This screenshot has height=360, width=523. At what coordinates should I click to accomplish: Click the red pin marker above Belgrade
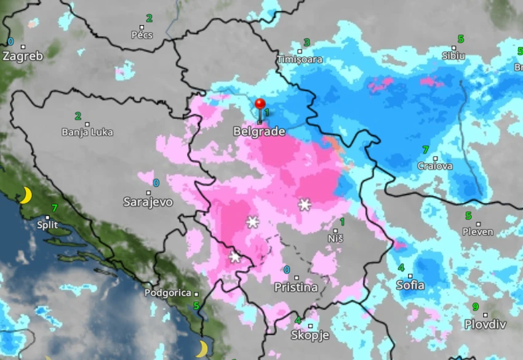tap(260, 105)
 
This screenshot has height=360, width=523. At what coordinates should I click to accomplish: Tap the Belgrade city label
tap(259, 132)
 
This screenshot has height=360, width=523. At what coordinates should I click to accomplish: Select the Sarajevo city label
tap(148, 202)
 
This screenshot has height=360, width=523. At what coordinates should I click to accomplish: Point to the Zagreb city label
tap(23, 56)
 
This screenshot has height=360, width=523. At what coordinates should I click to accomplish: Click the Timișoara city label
tap(300, 60)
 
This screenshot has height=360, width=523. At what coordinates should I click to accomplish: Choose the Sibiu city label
tap(453, 56)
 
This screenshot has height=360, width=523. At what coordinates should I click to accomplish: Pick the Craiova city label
tap(435, 166)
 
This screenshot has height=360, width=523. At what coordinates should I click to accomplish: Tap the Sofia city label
tap(410, 285)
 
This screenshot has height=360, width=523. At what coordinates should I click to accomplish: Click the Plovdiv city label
tap(485, 324)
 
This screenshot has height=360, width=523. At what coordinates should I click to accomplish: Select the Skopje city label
tap(310, 335)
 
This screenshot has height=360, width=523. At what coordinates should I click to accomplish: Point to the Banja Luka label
tap(87, 132)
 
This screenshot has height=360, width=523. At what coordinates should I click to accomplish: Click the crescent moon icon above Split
tap(25, 196)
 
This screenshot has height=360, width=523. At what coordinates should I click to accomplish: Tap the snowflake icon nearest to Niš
tap(305, 204)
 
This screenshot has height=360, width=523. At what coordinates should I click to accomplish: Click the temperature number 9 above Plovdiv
tap(476, 307)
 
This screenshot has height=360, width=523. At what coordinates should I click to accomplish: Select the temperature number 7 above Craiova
tap(425, 150)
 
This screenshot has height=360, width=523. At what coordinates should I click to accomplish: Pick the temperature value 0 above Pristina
tap(287, 270)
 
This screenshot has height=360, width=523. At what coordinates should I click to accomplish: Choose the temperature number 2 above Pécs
tap(149, 18)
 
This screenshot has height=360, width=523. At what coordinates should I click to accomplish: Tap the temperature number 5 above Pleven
tap(468, 216)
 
